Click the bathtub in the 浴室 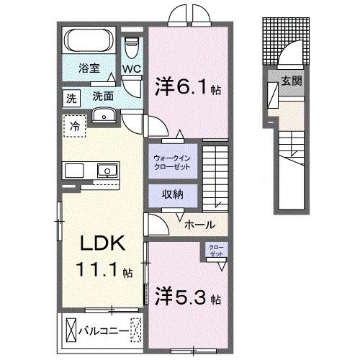click(x=91, y=41)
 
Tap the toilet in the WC click(x=131, y=47)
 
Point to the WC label click(x=131, y=70)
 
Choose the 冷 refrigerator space click(x=74, y=126)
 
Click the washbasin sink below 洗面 click(x=104, y=115)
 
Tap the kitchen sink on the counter click(x=106, y=171)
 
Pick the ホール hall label click(x=199, y=225)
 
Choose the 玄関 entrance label click(x=291, y=81)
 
